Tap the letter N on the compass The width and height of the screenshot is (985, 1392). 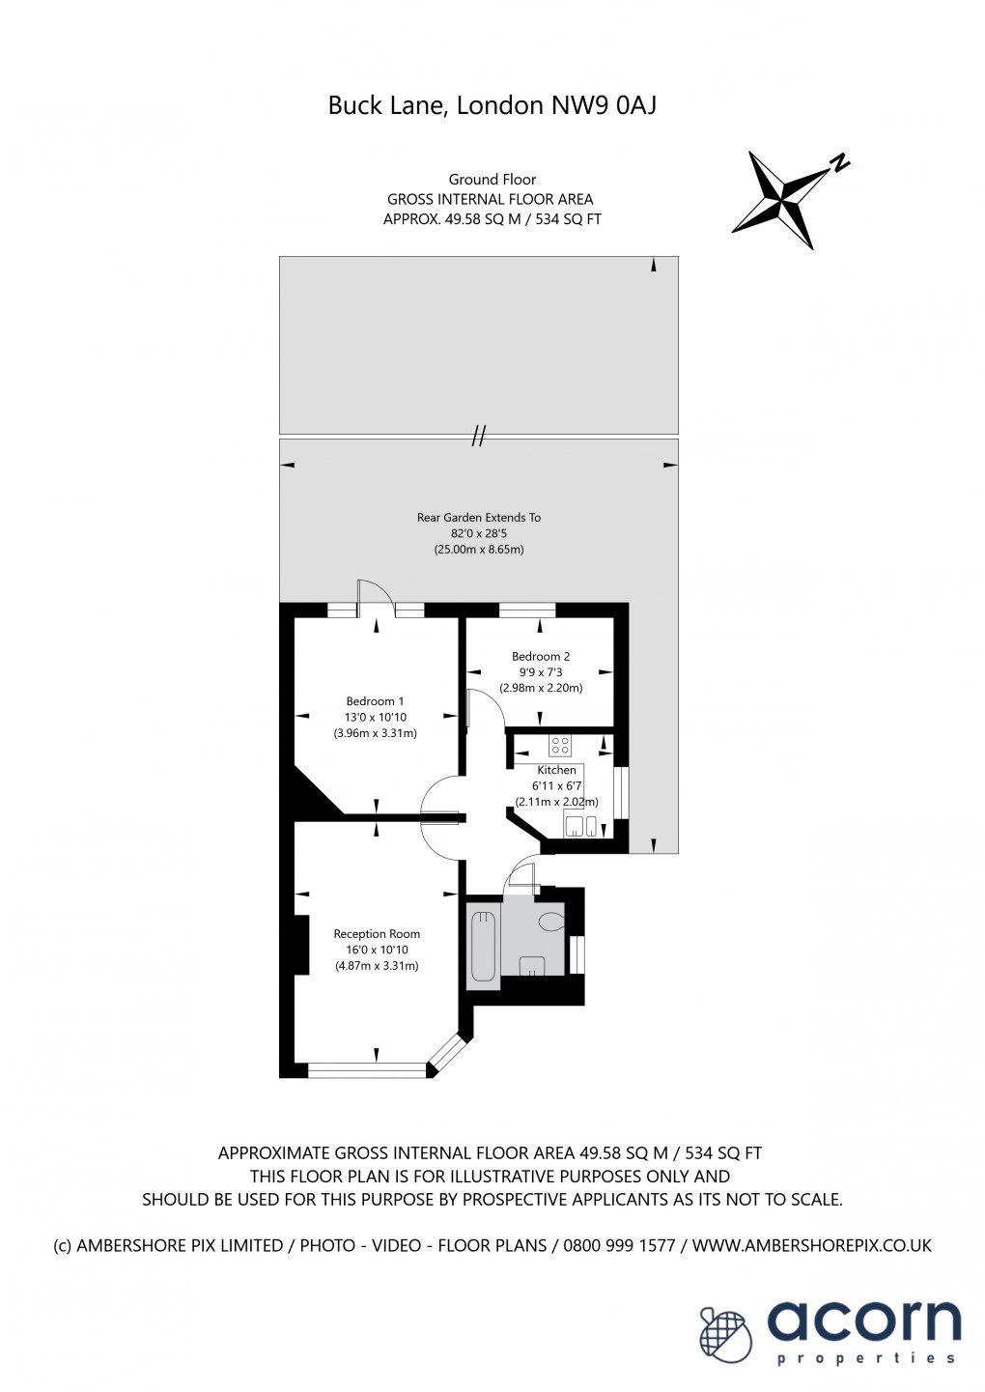(840, 163)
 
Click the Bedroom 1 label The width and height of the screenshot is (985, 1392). (375, 701)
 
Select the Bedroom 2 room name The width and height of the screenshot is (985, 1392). (541, 656)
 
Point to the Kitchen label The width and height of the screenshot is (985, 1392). (556, 770)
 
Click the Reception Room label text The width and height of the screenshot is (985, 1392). (377, 933)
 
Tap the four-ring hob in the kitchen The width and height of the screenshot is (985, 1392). (559, 746)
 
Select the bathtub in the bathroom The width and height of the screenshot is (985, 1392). (483, 946)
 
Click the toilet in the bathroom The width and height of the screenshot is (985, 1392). (552, 922)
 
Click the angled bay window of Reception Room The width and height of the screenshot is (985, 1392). (447, 1053)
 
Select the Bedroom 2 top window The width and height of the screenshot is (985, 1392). (527, 610)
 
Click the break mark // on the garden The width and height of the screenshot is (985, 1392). (478, 437)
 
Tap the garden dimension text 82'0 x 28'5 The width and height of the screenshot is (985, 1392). (478, 533)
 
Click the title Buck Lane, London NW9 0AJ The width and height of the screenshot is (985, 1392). (492, 105)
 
